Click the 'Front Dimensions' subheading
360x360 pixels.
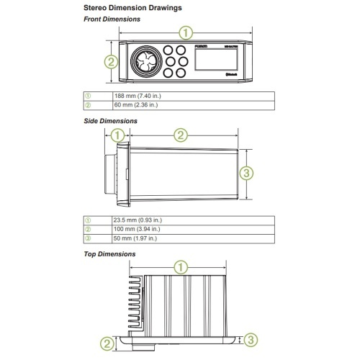(114, 19)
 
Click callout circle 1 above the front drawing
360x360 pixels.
(186, 32)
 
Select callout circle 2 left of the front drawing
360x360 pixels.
(111, 62)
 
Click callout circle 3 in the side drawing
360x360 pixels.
(246, 173)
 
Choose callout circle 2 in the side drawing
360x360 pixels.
(181, 135)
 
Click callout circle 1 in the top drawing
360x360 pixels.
(181, 267)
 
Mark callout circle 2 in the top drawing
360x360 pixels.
(107, 343)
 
